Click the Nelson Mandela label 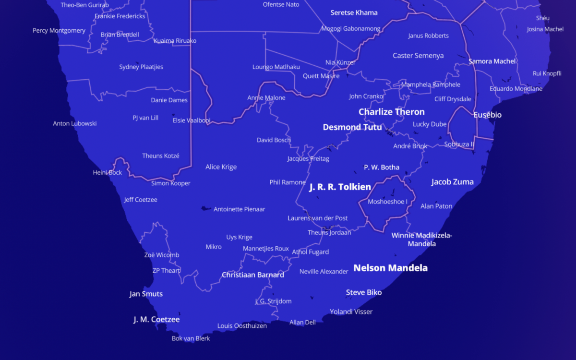(390, 268)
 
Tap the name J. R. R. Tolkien (340, 187)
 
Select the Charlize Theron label (391, 112)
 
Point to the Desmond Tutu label (352, 127)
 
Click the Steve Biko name (364, 292)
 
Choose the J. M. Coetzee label (156, 320)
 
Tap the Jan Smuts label (146, 294)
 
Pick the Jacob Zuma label (452, 182)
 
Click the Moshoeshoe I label (387, 202)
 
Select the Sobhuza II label (459, 144)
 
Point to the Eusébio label (487, 115)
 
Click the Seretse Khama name (354, 12)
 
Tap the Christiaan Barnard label (252, 275)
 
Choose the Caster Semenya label (418, 56)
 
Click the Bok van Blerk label (191, 338)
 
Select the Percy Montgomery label (59, 31)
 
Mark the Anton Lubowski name (74, 123)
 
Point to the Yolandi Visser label (351, 312)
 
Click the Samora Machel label (492, 61)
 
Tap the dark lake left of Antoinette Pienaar (205, 209)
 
